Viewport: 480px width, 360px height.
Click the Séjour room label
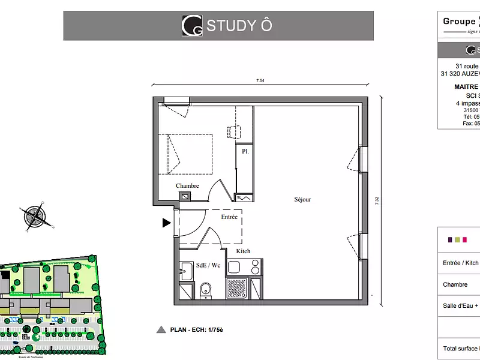click(x=302, y=200)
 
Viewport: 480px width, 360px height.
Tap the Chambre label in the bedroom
click(x=187, y=186)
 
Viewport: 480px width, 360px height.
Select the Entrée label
click(x=229, y=217)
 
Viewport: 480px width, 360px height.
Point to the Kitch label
click(x=243, y=251)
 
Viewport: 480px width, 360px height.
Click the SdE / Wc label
click(x=192, y=265)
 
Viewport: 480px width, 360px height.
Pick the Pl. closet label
click(x=245, y=152)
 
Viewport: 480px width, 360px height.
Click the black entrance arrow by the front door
click(x=166, y=223)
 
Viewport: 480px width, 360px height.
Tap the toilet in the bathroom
click(x=206, y=289)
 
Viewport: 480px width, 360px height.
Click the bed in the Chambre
click(x=185, y=154)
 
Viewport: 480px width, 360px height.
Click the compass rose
click(x=37, y=217)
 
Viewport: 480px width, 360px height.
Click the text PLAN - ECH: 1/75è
click(x=197, y=329)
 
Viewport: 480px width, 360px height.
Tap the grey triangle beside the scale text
click(x=160, y=329)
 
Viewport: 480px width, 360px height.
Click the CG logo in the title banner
click(x=192, y=26)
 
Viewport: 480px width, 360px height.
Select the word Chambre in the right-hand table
click(x=455, y=284)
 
